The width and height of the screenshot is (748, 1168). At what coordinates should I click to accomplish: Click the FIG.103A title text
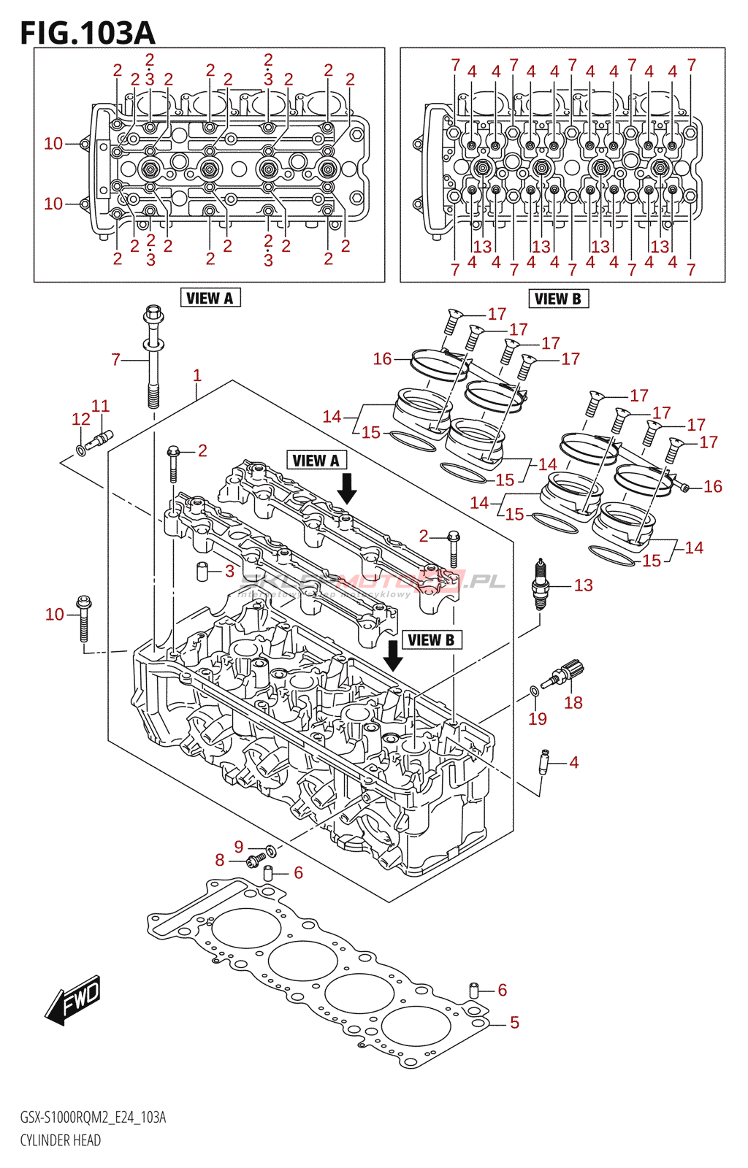(88, 33)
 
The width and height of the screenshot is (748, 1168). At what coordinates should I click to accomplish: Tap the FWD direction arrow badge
(74, 999)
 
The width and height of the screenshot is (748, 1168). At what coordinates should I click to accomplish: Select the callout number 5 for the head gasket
(514, 1023)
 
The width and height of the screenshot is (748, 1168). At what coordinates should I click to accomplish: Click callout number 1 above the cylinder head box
(196, 375)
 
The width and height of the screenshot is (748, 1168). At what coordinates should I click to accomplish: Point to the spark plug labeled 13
(540, 584)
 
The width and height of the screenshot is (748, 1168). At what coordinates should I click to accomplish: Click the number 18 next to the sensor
(573, 702)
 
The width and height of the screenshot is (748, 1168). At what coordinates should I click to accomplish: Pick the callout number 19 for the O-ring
(538, 719)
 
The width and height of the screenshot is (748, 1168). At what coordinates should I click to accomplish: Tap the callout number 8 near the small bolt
(219, 860)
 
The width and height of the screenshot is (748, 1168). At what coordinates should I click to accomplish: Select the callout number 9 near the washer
(238, 847)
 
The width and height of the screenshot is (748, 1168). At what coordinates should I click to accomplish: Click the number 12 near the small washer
(81, 419)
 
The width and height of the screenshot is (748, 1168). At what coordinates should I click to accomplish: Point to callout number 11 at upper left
(100, 406)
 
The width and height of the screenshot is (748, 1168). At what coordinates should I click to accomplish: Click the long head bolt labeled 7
(153, 358)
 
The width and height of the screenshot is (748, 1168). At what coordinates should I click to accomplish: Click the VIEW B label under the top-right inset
(558, 299)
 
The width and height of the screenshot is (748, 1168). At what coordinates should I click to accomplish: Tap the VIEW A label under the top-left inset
(210, 298)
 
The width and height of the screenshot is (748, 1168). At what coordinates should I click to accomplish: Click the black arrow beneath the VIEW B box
(393, 655)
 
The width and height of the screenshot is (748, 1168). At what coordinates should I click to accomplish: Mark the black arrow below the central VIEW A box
(347, 488)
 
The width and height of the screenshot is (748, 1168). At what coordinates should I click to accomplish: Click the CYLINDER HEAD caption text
(61, 1140)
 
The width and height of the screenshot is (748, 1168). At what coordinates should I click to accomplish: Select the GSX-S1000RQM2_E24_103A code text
(93, 1118)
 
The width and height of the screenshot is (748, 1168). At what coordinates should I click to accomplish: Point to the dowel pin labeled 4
(544, 761)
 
